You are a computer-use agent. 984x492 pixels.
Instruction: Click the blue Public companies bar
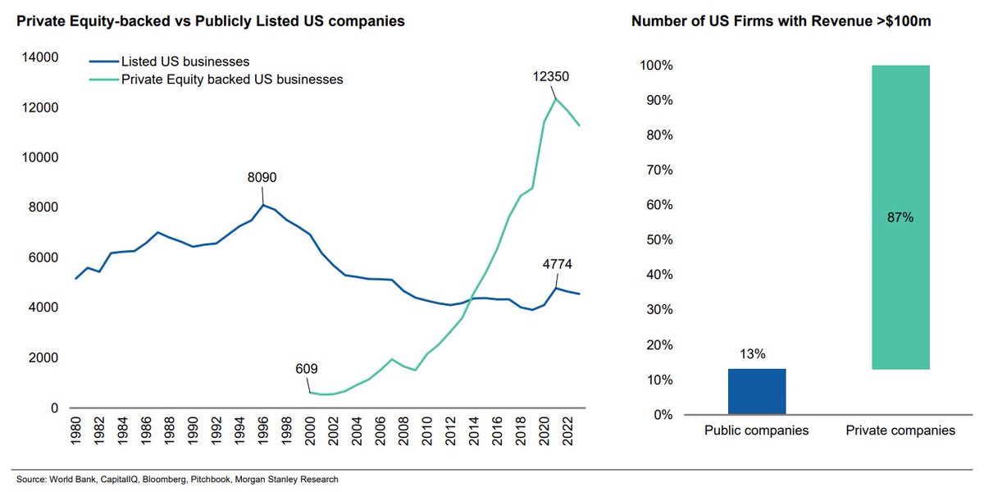(x=756, y=391)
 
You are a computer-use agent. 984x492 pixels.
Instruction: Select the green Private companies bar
(x=900, y=217)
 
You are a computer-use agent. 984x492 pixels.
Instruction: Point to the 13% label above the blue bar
(x=756, y=354)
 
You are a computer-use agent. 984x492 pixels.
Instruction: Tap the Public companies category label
(x=756, y=430)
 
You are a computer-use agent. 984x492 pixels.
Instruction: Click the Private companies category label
(x=900, y=430)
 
